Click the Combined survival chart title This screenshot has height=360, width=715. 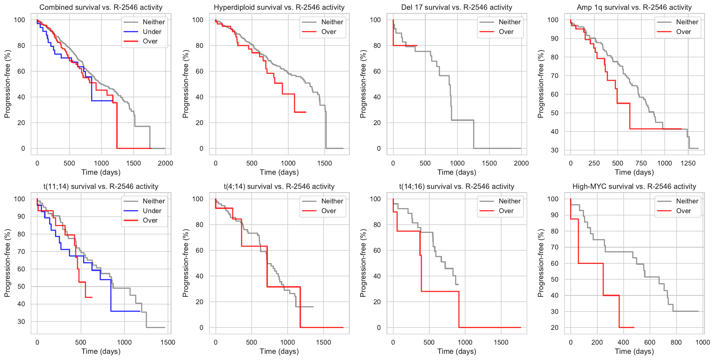click(101, 7)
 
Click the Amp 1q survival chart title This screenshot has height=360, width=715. click(634, 7)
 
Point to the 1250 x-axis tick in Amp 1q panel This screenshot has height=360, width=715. click(688, 163)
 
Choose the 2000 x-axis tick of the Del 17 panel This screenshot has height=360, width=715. click(521, 163)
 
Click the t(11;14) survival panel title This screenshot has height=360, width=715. click(101, 187)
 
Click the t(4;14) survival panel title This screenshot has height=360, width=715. click(279, 187)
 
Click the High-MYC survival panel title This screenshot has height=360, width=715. click(634, 187)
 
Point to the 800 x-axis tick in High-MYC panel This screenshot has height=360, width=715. click(676, 342)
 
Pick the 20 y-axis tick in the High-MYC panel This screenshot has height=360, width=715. click(554, 327)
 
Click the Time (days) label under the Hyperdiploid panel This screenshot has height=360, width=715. click(279, 172)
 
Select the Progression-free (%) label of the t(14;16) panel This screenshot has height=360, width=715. click(363, 263)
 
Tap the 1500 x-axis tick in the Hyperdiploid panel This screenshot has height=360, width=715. click(324, 163)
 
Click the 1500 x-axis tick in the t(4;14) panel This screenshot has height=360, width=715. click(323, 342)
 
